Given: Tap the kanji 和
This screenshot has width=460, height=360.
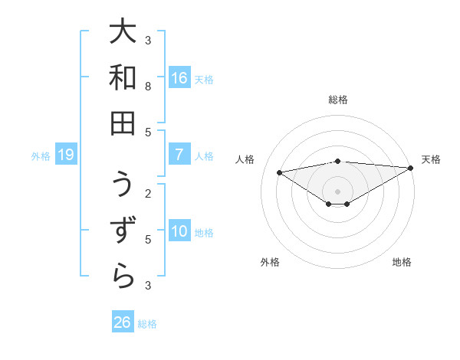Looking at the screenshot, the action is (123, 78).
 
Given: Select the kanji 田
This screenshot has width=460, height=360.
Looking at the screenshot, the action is (123, 123).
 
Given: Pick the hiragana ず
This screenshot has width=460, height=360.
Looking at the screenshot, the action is (123, 231).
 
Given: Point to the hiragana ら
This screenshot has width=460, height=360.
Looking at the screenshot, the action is (123, 276).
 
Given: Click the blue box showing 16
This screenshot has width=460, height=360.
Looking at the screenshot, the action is (179, 78).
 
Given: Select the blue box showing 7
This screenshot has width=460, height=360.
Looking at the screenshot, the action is (179, 155).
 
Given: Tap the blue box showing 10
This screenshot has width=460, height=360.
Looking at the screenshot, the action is (179, 231).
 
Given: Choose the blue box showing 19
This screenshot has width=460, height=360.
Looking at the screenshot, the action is (66, 155).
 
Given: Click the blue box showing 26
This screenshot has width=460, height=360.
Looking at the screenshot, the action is (123, 322).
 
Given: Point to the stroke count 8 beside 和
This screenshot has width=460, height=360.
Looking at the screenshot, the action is (148, 87).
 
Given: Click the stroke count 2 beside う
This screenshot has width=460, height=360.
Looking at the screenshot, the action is (148, 193).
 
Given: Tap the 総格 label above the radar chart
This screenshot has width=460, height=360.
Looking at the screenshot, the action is (338, 100).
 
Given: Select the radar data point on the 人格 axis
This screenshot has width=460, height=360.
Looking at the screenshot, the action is (279, 172).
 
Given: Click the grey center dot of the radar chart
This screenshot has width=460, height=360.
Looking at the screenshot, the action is (338, 191).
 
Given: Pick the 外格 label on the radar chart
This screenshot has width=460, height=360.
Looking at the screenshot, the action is (270, 262).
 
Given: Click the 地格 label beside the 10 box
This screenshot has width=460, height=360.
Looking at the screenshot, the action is (205, 232).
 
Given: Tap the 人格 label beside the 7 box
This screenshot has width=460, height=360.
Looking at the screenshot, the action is (205, 155).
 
